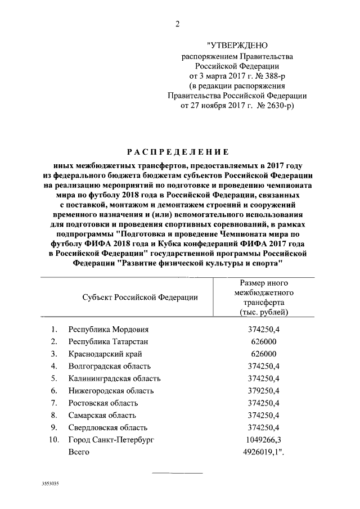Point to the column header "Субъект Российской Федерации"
(x=139, y=297)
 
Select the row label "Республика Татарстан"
(x=109, y=342)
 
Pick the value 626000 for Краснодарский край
(x=264, y=354)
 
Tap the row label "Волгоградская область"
(x=111, y=367)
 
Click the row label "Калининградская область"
(x=114, y=379)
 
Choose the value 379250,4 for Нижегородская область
(x=264, y=391)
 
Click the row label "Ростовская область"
(x=102, y=403)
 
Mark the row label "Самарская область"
(x=101, y=416)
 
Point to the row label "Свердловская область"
(x=107, y=427)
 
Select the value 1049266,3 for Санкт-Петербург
(x=264, y=440)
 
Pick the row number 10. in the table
(x=52, y=440)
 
